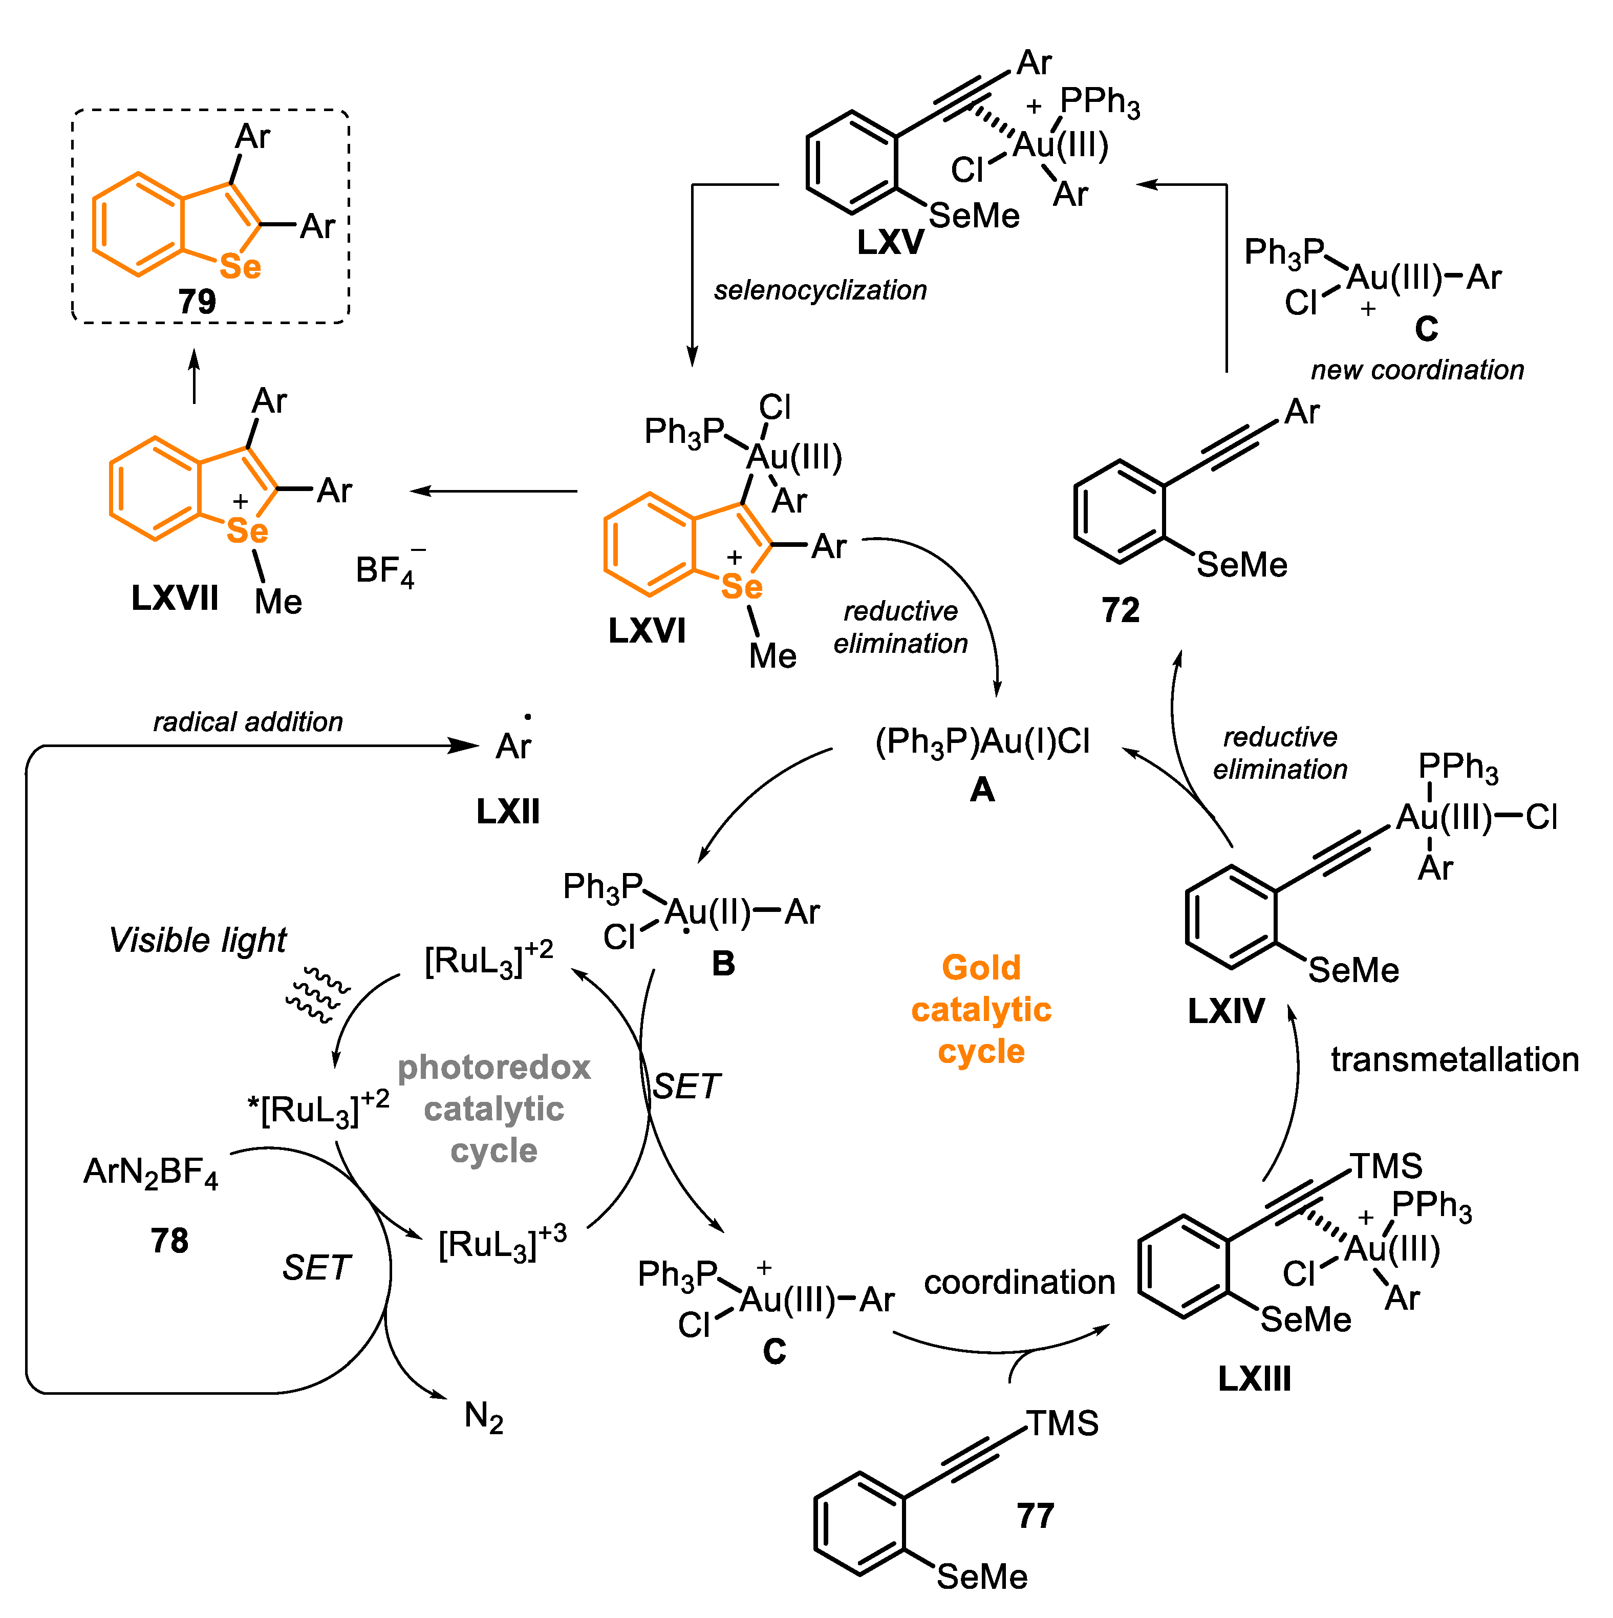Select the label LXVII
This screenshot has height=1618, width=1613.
click(175, 598)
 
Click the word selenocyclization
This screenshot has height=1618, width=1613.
click(820, 290)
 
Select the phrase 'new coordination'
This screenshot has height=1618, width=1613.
click(1416, 369)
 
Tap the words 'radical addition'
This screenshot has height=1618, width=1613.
click(248, 722)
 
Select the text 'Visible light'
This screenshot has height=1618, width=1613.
click(198, 940)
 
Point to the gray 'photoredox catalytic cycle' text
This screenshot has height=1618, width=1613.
click(494, 1109)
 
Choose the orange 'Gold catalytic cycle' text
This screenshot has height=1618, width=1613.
click(981, 1009)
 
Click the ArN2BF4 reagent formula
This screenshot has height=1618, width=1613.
click(150, 1172)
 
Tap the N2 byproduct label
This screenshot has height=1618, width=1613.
click(483, 1417)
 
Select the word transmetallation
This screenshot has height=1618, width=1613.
click(1454, 1059)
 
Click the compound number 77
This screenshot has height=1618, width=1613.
click(1035, 1516)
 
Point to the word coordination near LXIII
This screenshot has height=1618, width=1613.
click(1019, 1282)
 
